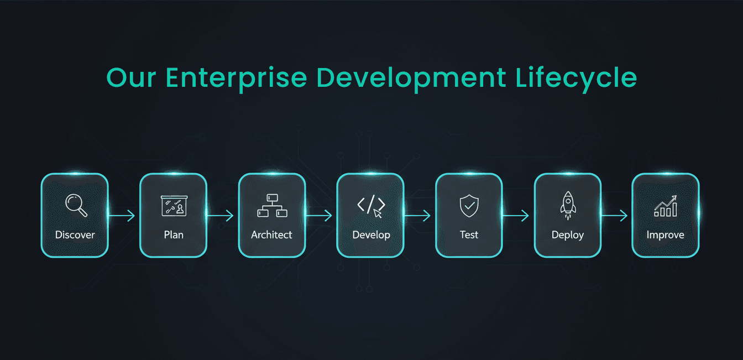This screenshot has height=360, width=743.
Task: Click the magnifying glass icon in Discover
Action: pos(76,205)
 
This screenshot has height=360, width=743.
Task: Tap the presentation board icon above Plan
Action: pos(174,206)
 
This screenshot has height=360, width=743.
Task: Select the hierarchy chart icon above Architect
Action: pos(273,206)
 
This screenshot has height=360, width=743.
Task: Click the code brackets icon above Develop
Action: pos(371,206)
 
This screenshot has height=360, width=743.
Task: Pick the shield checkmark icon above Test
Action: pos(469,206)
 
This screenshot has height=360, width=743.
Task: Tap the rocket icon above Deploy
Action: pos(568,205)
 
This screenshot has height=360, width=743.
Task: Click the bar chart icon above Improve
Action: pos(666,206)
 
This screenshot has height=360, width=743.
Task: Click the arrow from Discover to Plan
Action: pos(122,216)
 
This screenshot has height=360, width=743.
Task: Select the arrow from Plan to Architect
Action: pos(220,216)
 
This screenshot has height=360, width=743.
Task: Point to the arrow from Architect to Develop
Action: pos(318,216)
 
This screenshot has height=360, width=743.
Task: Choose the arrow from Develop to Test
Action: pos(417,216)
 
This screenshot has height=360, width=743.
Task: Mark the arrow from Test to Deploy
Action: pos(515,216)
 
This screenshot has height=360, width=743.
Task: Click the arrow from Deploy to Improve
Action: pos(614,216)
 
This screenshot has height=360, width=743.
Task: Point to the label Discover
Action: pos(75,235)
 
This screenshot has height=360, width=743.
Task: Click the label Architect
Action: pos(271,235)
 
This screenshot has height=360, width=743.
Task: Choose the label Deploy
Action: pos(568,235)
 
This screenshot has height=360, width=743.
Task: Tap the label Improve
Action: pos(666,235)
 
